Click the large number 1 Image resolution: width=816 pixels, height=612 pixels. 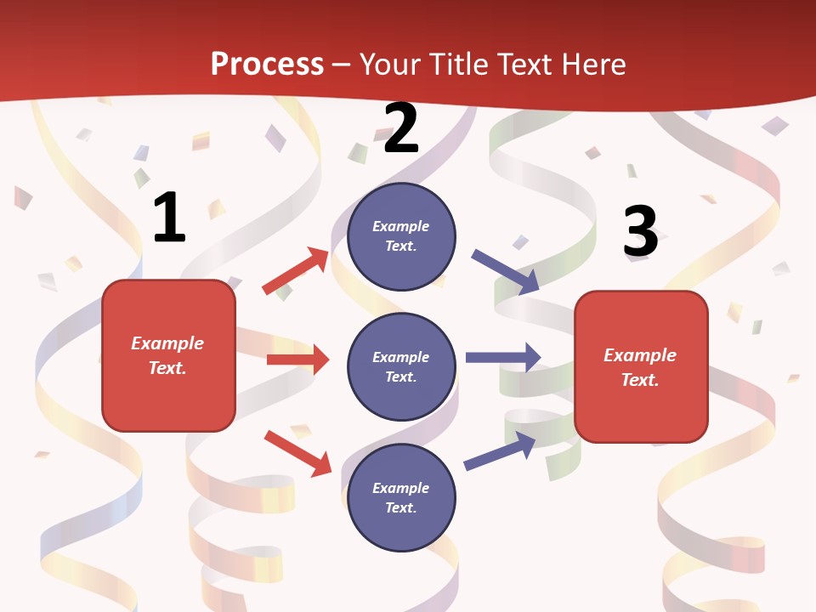169,218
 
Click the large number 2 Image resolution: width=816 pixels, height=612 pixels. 400,128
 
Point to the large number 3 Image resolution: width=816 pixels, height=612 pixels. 640,231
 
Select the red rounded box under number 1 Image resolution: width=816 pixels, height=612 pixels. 168,355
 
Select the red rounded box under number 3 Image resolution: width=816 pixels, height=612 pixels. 641,366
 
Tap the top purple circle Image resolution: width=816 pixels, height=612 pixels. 401,236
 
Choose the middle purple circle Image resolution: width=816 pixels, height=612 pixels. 401,366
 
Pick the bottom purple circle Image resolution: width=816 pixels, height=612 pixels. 401,497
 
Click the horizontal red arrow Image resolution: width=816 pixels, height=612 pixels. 297,360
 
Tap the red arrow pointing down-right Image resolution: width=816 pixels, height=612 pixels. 297,453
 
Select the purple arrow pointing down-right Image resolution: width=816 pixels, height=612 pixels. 506,272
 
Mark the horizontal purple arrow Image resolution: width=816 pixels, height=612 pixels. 502,357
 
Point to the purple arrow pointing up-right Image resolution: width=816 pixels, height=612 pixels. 500,450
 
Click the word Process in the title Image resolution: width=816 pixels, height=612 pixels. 267,65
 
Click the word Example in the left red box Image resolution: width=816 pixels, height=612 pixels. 167,343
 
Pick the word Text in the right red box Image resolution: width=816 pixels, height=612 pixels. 638,380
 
